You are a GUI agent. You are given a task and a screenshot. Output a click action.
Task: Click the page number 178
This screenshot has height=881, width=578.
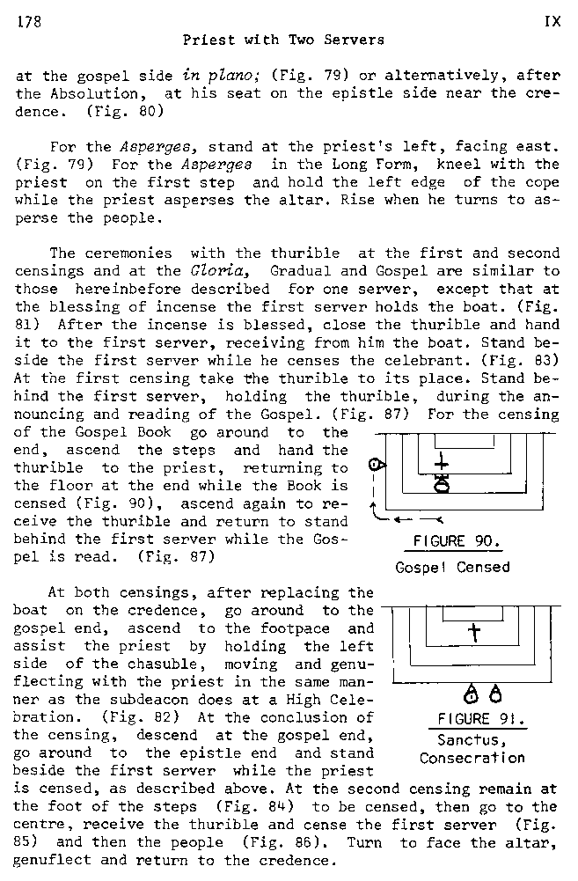pyautogui.click(x=27, y=22)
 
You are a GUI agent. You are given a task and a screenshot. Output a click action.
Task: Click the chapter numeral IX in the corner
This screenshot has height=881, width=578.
pyautogui.click(x=552, y=22)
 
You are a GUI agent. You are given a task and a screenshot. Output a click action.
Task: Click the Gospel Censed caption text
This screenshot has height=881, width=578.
pyautogui.click(x=452, y=567)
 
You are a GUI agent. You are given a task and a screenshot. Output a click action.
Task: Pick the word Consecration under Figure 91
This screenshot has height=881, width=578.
pyautogui.click(x=472, y=758)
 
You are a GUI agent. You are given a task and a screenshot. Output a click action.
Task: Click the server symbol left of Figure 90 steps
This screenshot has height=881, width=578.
pyautogui.click(x=375, y=464)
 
